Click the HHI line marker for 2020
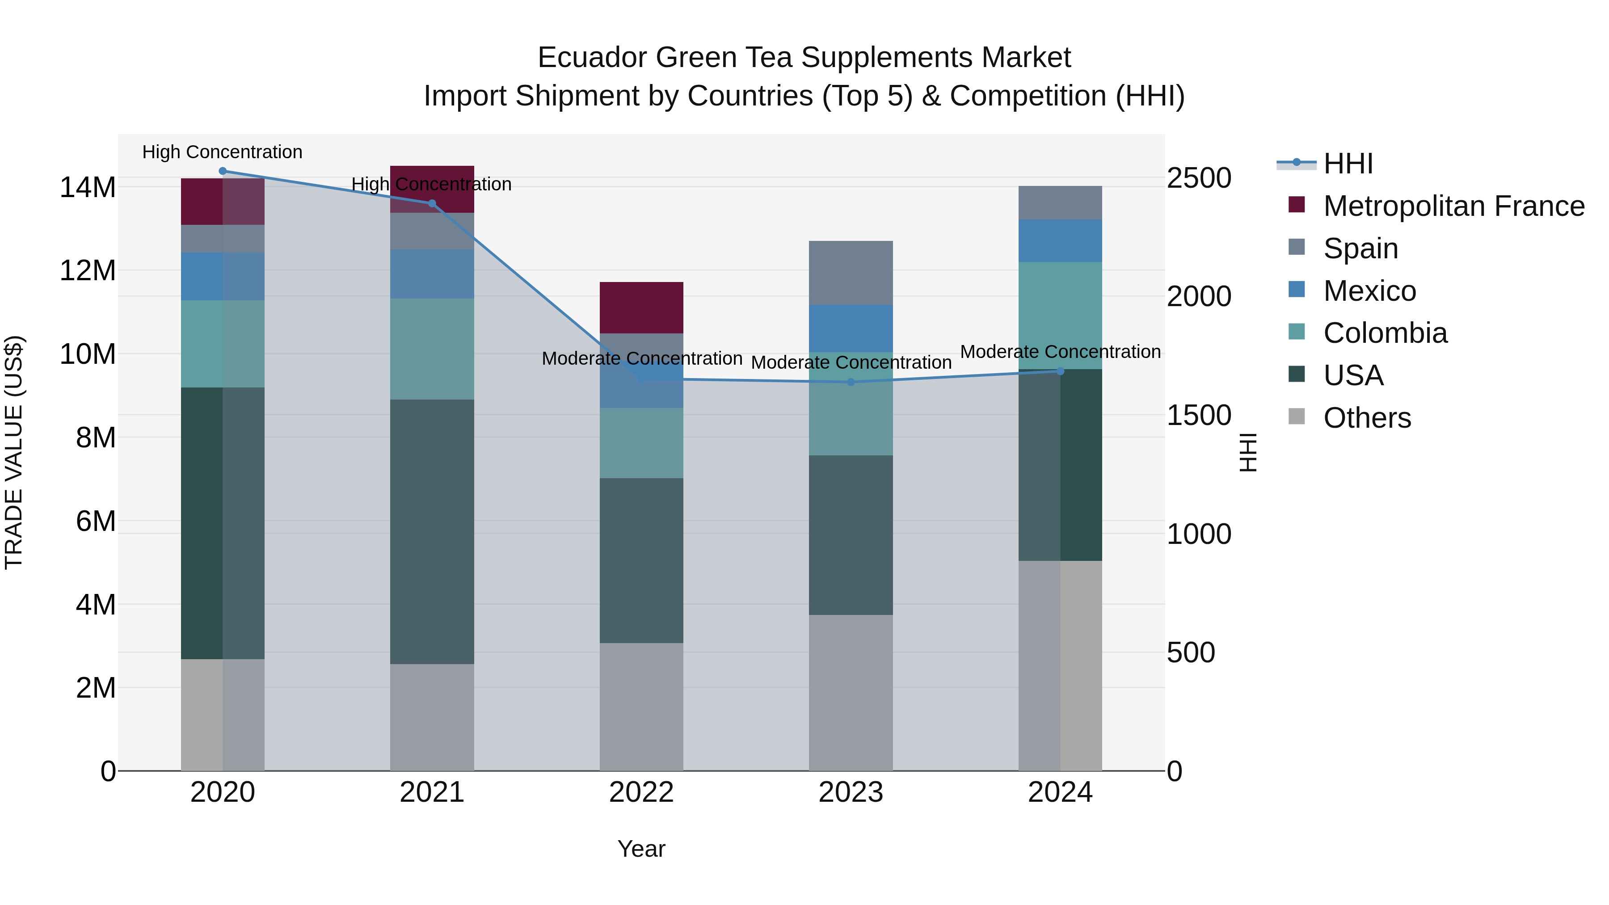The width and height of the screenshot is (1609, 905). click(x=223, y=171)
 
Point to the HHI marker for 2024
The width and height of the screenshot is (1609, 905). click(x=1060, y=371)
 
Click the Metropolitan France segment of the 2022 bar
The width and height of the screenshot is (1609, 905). click(x=641, y=307)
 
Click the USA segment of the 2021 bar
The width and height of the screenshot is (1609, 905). click(x=432, y=531)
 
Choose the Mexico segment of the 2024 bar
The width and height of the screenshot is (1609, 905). click(x=1060, y=240)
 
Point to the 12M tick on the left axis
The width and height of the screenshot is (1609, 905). click(x=88, y=270)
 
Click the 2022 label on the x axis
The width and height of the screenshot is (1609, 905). click(x=641, y=792)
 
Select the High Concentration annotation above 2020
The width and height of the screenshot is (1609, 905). click(x=223, y=152)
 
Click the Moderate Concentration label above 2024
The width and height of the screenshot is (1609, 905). click(x=1060, y=352)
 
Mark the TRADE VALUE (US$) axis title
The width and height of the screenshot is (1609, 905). click(x=14, y=452)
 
